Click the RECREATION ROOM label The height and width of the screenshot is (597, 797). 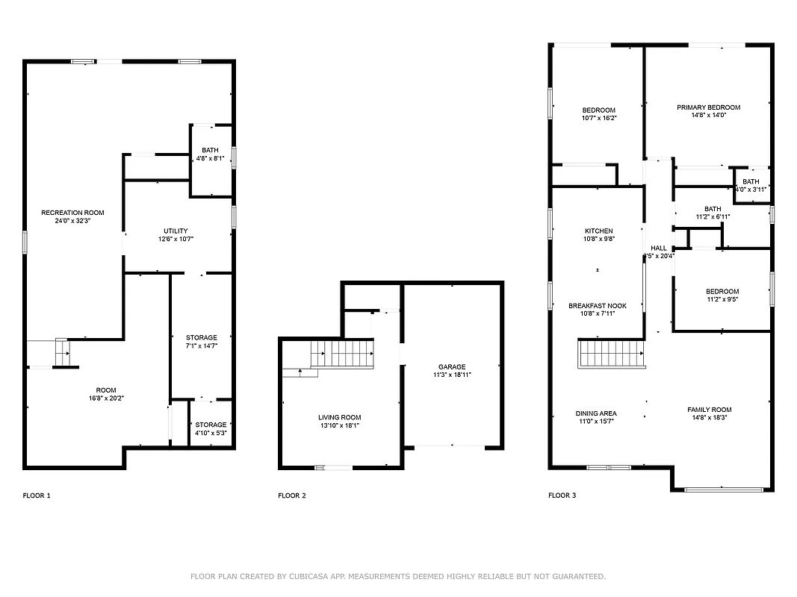click(72, 213)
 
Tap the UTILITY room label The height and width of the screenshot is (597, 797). click(176, 231)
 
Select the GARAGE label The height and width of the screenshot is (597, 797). click(451, 366)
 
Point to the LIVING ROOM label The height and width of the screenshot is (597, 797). click(340, 418)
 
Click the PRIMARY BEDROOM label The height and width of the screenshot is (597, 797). click(708, 107)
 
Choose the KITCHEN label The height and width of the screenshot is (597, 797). click(598, 231)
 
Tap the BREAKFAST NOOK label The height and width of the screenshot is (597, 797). click(597, 306)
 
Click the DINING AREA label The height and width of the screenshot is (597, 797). click(596, 413)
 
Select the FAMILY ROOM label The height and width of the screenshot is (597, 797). click(709, 410)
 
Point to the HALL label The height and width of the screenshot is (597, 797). click(659, 248)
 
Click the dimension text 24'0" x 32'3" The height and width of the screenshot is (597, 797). click(72, 221)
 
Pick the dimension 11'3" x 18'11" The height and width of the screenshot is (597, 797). click(451, 375)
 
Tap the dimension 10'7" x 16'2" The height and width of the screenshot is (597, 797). click(598, 118)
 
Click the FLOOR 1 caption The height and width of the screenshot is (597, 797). click(37, 496)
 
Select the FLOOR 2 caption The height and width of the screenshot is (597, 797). click(291, 496)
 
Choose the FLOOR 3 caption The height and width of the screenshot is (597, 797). click(562, 496)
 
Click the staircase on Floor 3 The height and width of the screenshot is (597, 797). click(612, 354)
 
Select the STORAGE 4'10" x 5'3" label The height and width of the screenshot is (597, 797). click(211, 428)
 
